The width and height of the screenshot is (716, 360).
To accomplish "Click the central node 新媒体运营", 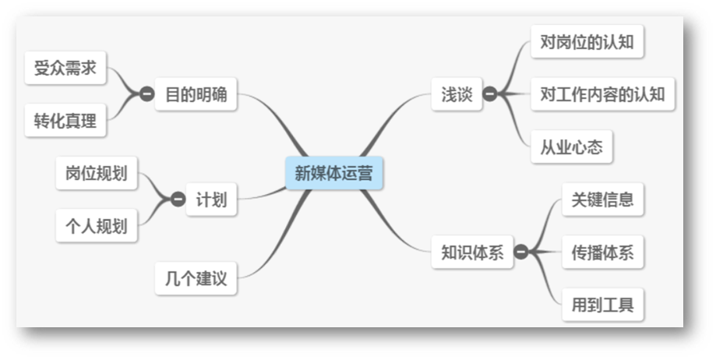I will [333, 173].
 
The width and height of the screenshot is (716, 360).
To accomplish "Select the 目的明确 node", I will [196, 95].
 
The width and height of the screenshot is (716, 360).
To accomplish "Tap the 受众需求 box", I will [65, 68].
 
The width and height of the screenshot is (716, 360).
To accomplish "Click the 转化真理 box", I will [65, 120].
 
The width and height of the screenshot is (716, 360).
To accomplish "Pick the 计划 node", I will [211, 199].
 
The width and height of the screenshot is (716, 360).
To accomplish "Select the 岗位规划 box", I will [96, 173].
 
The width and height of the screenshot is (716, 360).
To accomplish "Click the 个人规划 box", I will [96, 227].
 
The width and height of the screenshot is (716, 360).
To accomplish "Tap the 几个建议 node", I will [196, 279].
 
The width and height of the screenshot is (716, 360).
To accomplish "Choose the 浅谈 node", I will [457, 95].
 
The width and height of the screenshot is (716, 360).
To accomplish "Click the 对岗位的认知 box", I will [587, 42].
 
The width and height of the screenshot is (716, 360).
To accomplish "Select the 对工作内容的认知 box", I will [602, 95].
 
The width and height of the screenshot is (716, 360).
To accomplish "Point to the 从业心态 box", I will [571, 147].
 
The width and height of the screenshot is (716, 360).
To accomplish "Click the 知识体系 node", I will [472, 252].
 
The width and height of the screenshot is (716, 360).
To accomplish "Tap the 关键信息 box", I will [602, 199].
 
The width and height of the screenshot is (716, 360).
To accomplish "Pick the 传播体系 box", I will [602, 252].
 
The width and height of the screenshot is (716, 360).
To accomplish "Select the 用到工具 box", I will [602, 305].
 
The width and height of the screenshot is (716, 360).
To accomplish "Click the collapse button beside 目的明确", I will [146, 95].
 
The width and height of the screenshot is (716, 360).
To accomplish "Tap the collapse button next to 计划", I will [178, 199].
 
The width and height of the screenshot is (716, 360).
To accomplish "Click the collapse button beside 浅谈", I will [490, 95].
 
